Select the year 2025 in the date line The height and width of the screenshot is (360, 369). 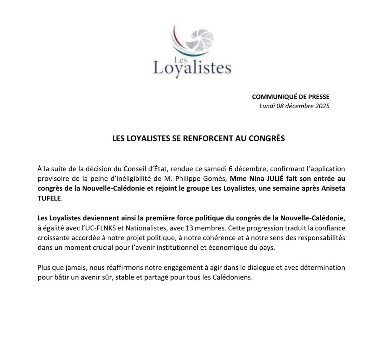pos(322,106)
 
